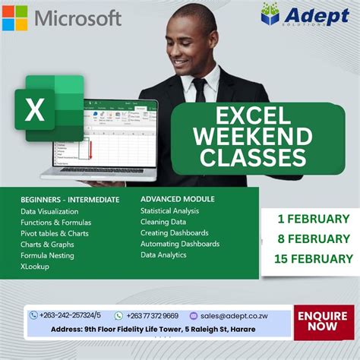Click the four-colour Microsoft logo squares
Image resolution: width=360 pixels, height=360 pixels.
coord(14,17)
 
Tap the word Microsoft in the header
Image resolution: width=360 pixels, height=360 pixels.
coord(77,17)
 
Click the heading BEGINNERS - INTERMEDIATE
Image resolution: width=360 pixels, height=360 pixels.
coord(70,200)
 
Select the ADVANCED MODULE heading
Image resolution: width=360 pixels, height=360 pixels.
coord(178,199)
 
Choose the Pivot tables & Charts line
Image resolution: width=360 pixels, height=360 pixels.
coord(55,233)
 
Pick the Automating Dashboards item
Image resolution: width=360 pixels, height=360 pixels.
coord(180,244)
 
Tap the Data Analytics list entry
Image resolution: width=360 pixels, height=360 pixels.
coord(163,255)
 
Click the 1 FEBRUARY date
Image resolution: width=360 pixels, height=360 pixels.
coord(313,219)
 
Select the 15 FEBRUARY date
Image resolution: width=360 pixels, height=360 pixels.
coord(312,258)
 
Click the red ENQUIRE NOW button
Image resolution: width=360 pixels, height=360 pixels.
coord(323,322)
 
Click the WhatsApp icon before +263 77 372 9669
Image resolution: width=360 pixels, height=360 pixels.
coord(118,315)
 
